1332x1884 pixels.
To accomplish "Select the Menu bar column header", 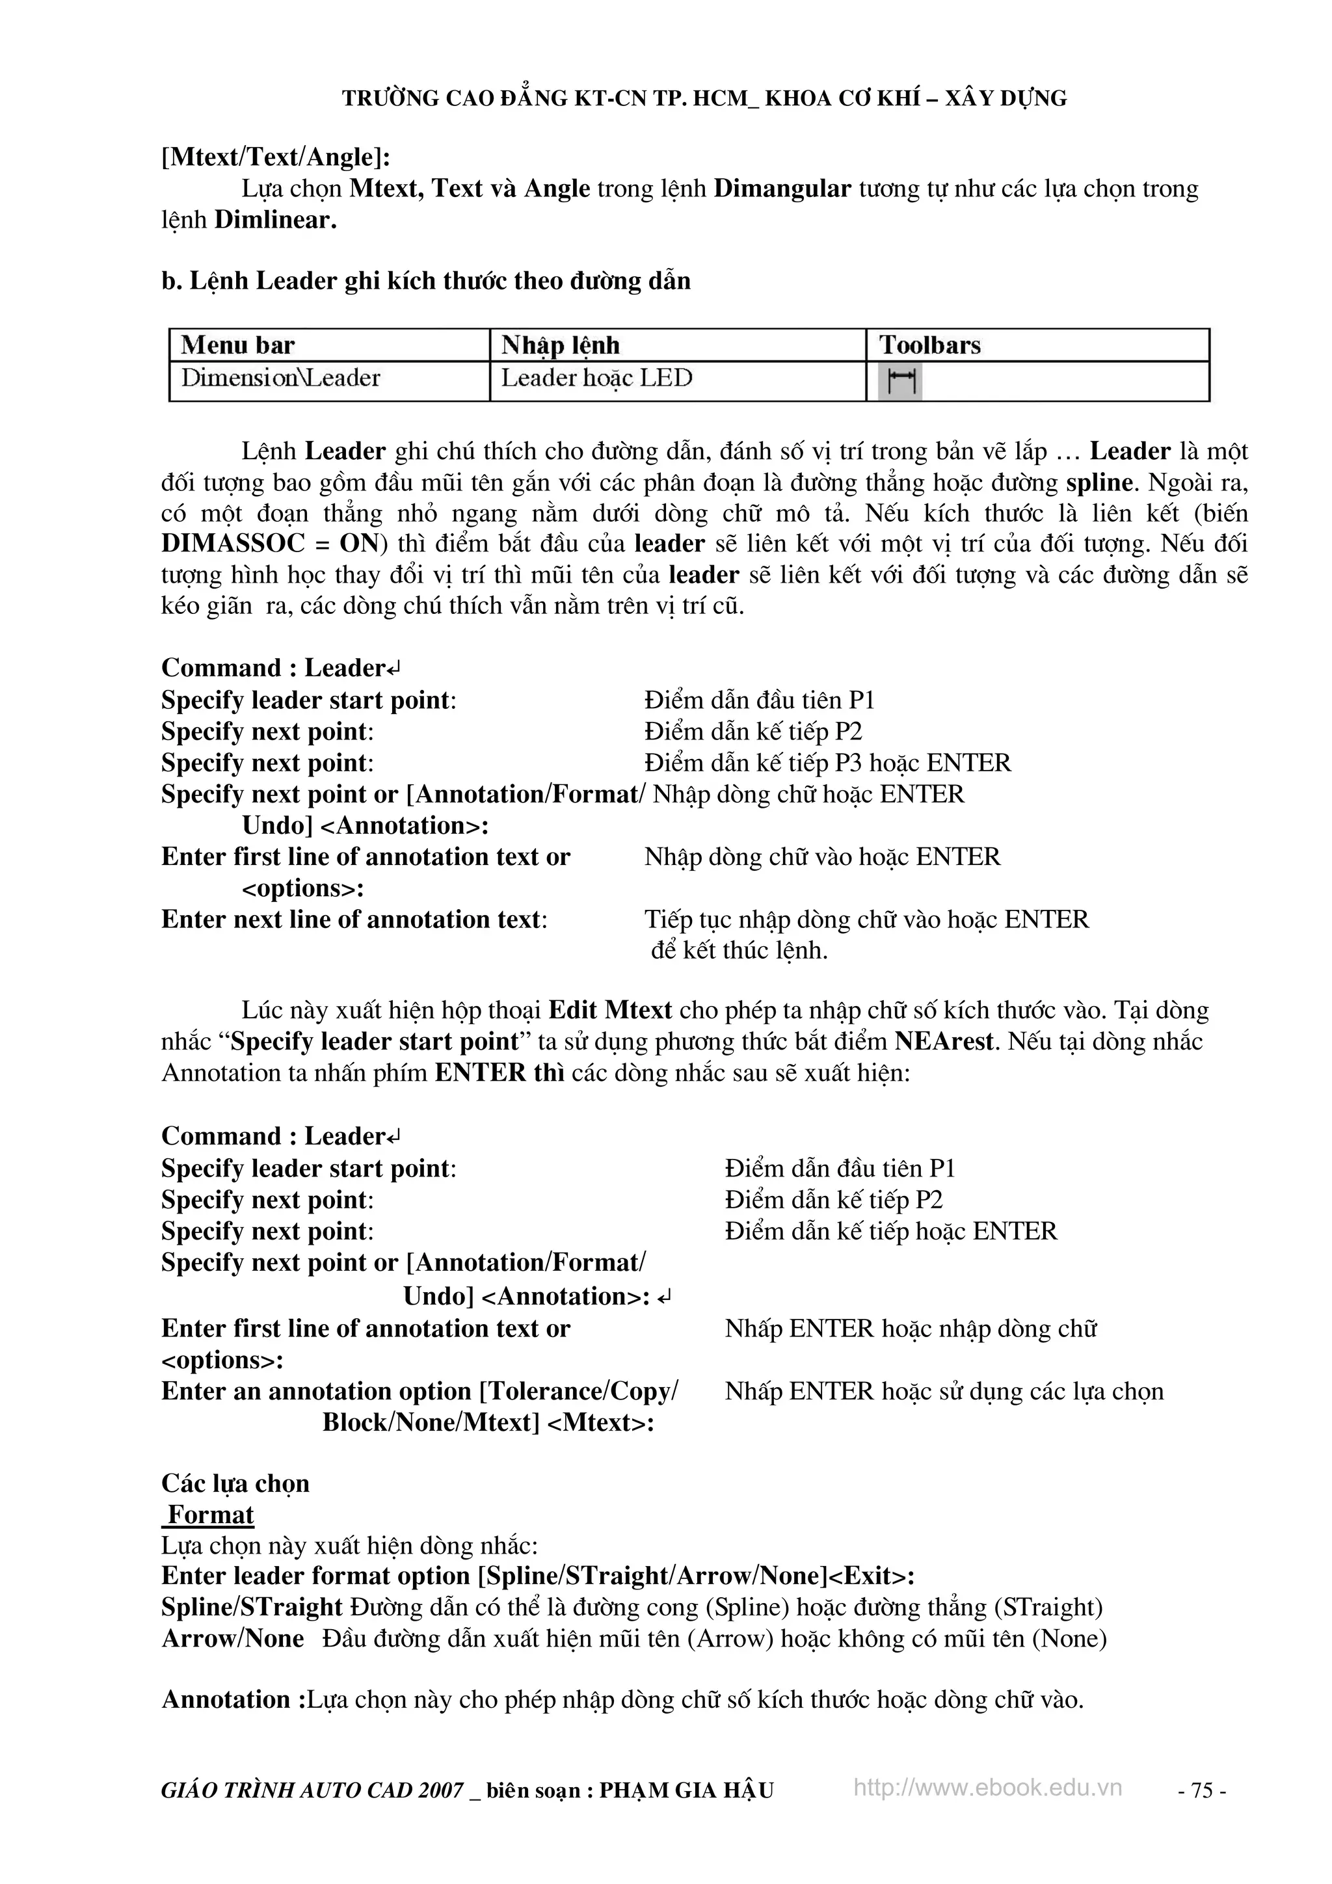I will click(237, 345).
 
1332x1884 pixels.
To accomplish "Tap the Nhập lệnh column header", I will click(561, 345).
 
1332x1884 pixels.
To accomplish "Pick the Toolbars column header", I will click(930, 345).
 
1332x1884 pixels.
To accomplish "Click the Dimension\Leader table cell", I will click(281, 378).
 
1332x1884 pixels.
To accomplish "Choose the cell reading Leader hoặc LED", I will click(596, 378).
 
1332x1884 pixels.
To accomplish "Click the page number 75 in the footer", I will click(1201, 1790).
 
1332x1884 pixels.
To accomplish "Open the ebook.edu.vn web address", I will click(987, 1788).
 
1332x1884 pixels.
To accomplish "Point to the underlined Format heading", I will click(210, 1515).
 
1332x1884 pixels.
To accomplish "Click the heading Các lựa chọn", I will click(235, 1483).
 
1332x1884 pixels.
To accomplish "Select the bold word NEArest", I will click(944, 1042).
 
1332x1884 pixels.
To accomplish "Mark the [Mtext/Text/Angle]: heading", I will click(276, 157).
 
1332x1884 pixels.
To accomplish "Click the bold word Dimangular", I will click(782, 189).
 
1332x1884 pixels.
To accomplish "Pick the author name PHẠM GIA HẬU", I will click(686, 1790).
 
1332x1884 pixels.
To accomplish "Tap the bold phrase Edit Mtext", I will click(610, 1010).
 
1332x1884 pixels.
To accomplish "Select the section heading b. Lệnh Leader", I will click(425, 281).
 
